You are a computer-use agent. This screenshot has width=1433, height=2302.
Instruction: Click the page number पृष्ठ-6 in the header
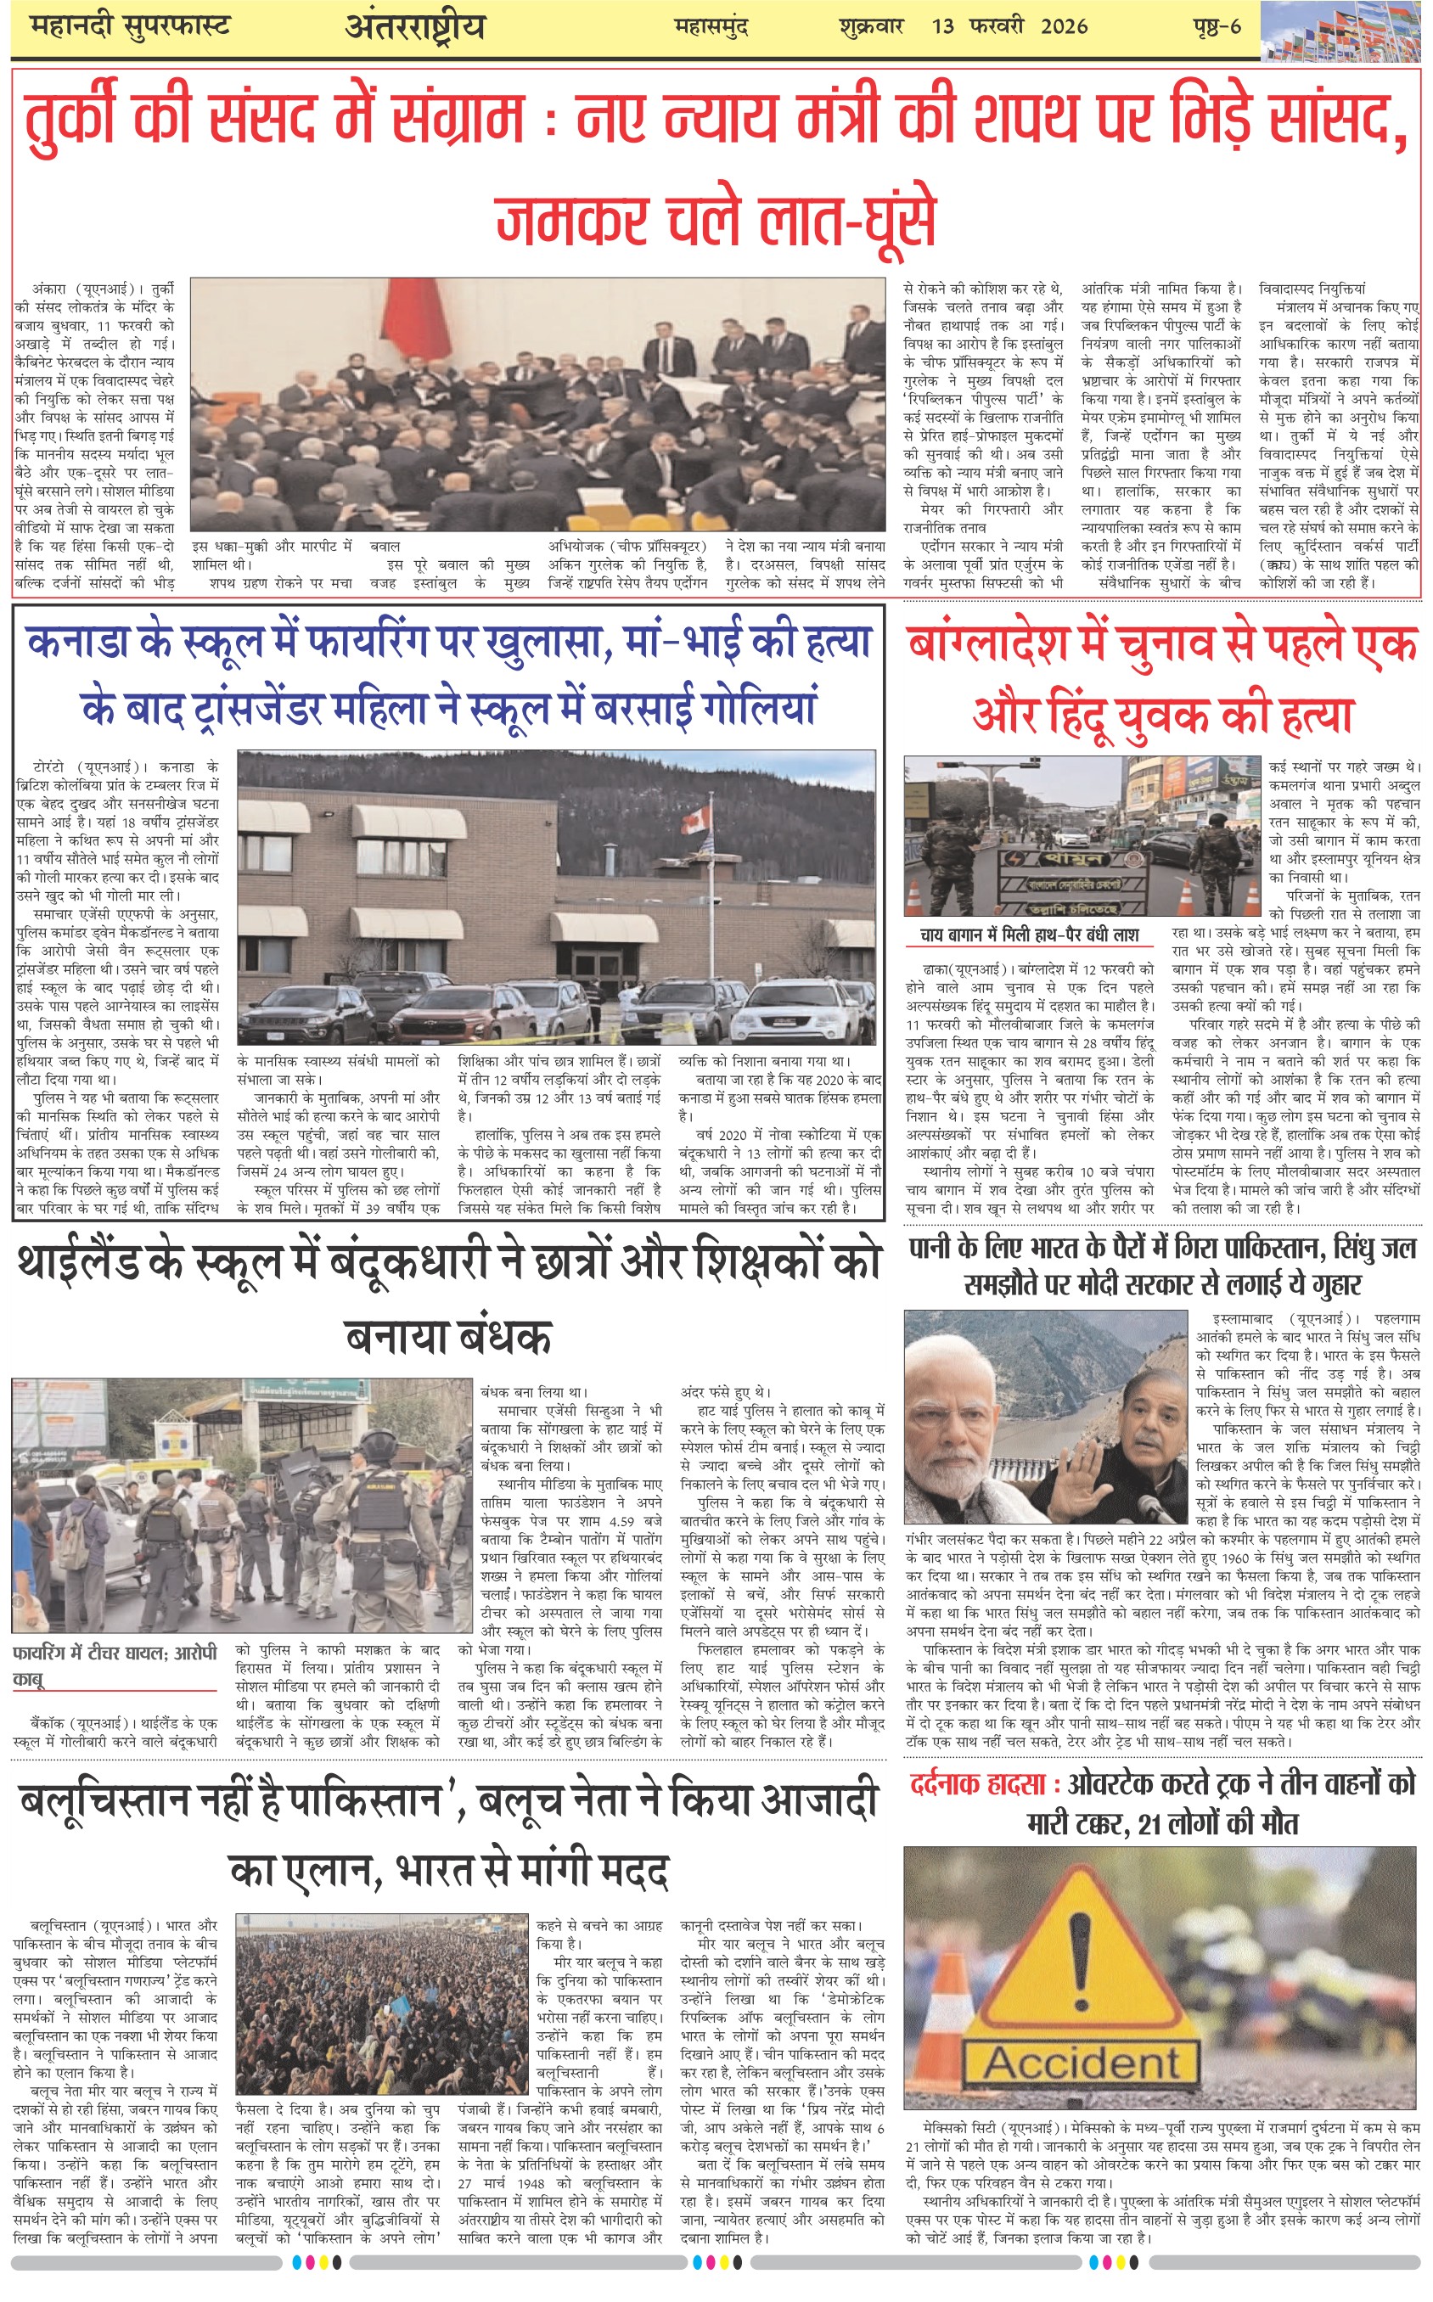click(1216, 26)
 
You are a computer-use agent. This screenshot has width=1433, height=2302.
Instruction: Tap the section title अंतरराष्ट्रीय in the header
click(414, 26)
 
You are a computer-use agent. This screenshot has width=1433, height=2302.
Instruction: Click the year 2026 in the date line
click(1064, 26)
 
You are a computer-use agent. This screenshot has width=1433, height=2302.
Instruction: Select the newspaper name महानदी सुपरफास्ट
click(130, 26)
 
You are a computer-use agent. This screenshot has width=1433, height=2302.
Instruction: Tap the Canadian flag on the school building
click(697, 818)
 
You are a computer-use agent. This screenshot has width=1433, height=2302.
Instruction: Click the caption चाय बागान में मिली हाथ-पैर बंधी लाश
click(1029, 935)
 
